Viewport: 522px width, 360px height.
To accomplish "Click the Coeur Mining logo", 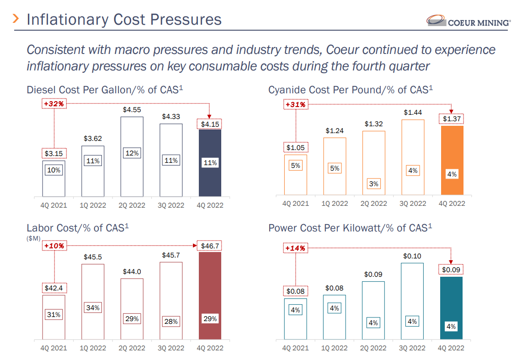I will (x=468, y=21).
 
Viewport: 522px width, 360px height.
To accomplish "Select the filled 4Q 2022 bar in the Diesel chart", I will (x=210, y=162).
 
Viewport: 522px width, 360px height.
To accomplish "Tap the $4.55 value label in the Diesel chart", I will (x=132, y=110).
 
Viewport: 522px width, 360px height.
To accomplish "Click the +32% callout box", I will (x=54, y=104).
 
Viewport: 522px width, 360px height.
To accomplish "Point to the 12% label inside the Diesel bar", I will (x=132, y=153).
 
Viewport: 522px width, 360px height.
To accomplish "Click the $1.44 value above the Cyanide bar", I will (x=412, y=113).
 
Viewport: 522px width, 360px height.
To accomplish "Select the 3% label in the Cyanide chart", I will (x=373, y=184).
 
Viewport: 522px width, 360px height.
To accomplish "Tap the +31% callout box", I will (x=295, y=105).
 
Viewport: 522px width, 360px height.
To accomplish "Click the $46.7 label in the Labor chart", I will (x=210, y=246).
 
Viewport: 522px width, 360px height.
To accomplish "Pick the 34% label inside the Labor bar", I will (x=93, y=308).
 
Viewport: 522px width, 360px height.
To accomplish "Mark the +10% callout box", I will (x=54, y=246).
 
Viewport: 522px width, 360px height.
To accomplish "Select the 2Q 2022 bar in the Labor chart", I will (x=132, y=309).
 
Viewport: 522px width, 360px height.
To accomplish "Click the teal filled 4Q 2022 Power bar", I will (x=452, y=308).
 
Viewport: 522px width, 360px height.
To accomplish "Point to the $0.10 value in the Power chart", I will (x=412, y=256).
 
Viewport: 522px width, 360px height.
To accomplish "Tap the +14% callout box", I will (x=295, y=248).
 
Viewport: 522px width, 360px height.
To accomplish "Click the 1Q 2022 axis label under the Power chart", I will (x=335, y=348).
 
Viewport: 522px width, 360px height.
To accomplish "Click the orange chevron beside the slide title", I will (x=16, y=19).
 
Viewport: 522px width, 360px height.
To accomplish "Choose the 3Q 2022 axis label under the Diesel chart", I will (x=171, y=205).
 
